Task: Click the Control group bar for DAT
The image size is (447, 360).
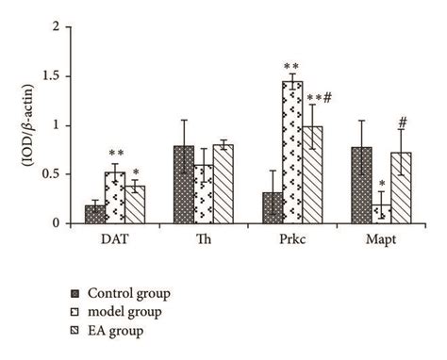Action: click(x=94, y=214)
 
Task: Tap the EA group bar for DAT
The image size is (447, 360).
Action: click(x=136, y=205)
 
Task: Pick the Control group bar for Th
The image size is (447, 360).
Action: click(x=184, y=185)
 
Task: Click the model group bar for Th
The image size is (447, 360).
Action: click(x=205, y=194)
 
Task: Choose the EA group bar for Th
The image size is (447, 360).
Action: click(x=225, y=184)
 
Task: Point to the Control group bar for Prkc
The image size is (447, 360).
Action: click(x=273, y=208)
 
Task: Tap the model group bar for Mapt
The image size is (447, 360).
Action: click(x=382, y=214)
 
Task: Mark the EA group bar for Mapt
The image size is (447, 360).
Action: click(x=403, y=188)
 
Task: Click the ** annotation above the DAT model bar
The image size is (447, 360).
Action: click(x=115, y=154)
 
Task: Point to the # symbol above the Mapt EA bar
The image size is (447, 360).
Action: click(x=403, y=122)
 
